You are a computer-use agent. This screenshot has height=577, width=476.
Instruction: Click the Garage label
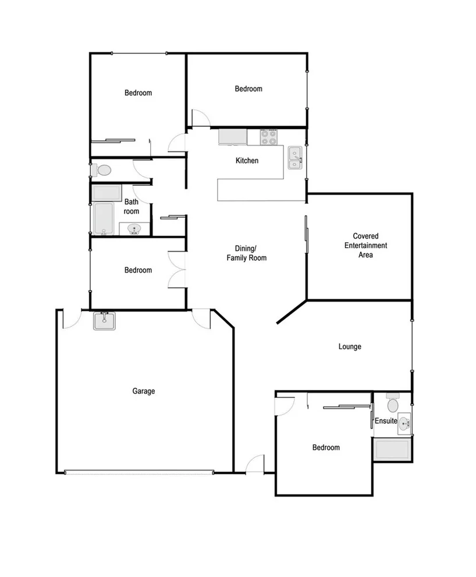tap(143, 391)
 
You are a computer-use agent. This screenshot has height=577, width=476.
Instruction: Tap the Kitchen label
tap(247, 161)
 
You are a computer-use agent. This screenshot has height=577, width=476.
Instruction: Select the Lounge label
tap(350, 346)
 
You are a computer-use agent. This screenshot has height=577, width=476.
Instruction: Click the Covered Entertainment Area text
tap(365, 245)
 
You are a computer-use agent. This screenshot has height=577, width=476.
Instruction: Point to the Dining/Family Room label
tap(247, 253)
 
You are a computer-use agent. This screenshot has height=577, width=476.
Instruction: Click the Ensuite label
tap(386, 421)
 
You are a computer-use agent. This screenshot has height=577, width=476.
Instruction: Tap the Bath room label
tap(132, 207)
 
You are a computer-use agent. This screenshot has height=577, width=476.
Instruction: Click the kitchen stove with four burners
tap(268, 137)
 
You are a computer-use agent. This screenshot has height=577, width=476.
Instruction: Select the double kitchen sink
tap(296, 158)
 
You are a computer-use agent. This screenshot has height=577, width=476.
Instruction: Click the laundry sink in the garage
tap(105, 321)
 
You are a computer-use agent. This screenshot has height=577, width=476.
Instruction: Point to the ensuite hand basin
tap(403, 425)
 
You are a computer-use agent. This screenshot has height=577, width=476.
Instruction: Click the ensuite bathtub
tap(393, 449)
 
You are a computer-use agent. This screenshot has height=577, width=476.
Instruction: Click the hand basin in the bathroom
tap(134, 229)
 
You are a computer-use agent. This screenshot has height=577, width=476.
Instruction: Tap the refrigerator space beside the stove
tap(233, 137)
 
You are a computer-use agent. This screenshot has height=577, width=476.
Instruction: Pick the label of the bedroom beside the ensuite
tap(326, 448)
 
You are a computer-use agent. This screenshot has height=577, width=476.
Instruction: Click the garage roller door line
tap(139, 472)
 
